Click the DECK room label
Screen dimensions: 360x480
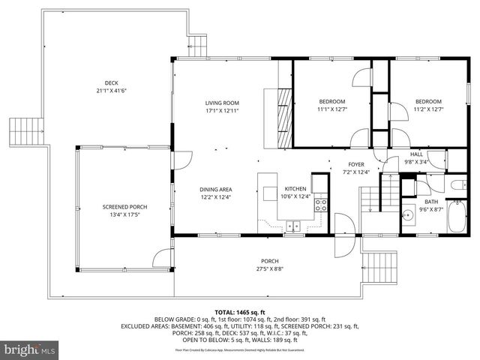(112, 83)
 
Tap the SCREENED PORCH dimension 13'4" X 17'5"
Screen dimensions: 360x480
(121, 214)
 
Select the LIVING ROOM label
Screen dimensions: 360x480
(222, 103)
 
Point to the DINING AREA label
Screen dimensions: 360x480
(215, 189)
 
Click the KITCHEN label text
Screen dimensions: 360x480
(294, 189)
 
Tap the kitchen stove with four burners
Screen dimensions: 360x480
(320, 202)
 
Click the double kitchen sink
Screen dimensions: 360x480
(292, 224)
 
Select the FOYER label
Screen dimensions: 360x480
(355, 164)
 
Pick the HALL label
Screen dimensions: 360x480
(415, 153)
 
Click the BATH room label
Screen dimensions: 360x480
(431, 202)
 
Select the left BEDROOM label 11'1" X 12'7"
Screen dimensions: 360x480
(331, 101)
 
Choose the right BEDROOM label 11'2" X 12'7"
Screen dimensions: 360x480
(428, 101)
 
